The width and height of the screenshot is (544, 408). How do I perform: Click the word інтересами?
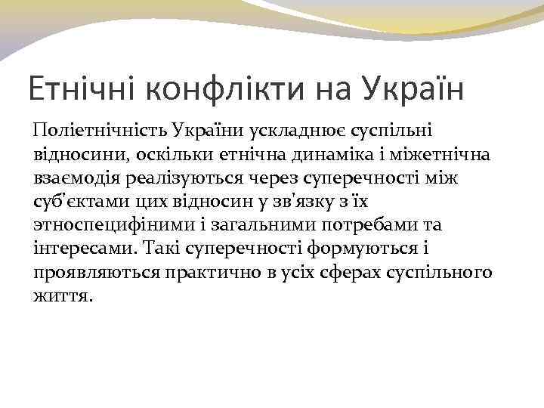(82, 248)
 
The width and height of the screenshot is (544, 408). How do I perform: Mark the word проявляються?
(96, 272)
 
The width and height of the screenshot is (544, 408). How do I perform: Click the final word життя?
(63, 295)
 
